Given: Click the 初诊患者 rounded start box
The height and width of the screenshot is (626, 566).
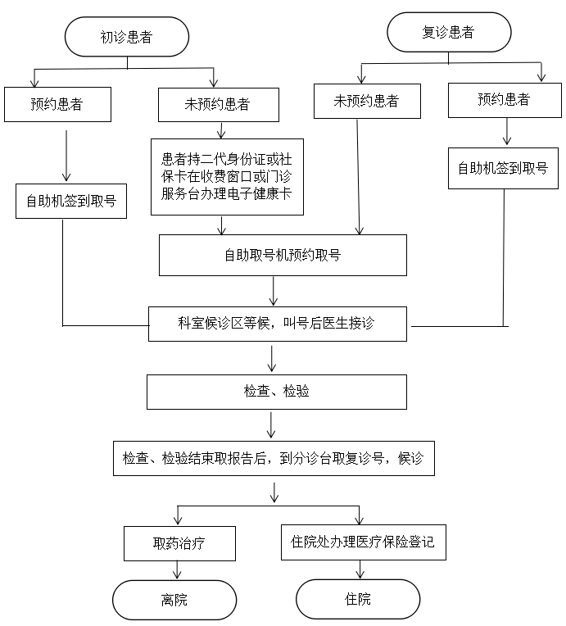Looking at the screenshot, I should click(x=127, y=37).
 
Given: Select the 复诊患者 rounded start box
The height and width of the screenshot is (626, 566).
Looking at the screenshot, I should click(x=449, y=33).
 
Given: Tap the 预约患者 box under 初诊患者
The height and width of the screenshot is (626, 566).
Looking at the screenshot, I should click(x=57, y=104).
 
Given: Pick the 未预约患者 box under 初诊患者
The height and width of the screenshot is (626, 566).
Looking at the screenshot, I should click(x=218, y=104).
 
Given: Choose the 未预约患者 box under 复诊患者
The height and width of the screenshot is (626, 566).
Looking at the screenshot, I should click(x=367, y=102).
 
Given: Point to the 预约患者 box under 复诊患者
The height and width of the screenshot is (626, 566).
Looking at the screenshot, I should click(x=504, y=100).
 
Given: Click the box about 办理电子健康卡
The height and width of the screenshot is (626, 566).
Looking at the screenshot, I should click(x=227, y=176).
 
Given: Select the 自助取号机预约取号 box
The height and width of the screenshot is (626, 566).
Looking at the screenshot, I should click(x=283, y=255).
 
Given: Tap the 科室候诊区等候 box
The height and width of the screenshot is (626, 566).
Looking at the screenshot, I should click(x=278, y=324).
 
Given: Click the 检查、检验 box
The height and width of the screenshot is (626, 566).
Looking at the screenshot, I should click(x=277, y=392).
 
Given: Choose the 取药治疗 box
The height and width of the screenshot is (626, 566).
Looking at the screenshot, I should click(x=180, y=543).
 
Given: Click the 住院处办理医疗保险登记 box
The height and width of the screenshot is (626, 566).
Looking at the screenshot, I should click(x=363, y=542).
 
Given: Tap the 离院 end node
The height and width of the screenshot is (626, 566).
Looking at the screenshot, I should click(x=174, y=600).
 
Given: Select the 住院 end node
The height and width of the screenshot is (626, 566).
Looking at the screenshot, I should click(x=358, y=599).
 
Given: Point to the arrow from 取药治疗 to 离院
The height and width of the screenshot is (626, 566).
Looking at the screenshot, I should click(x=178, y=570).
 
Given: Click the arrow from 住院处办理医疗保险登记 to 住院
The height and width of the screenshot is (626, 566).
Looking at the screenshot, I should click(x=360, y=570).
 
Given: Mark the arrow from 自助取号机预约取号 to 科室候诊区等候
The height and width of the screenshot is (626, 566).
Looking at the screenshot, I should click(x=274, y=291).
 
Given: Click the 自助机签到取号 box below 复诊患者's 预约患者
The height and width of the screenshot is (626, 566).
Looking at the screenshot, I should click(x=503, y=169).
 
